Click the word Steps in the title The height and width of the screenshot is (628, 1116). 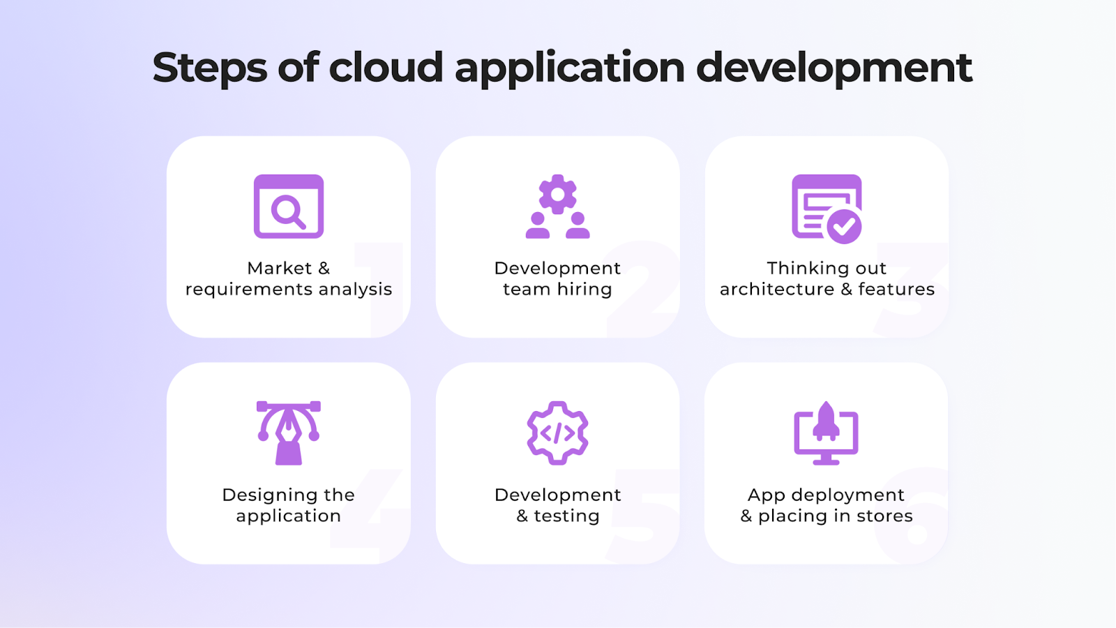click(209, 68)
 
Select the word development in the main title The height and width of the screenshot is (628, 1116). click(834, 68)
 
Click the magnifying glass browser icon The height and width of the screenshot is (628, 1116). click(289, 207)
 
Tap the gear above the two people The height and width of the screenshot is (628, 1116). click(557, 194)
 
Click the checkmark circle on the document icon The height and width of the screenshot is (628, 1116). click(844, 226)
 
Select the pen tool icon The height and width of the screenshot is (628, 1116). click(289, 433)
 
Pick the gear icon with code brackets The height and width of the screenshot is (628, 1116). click(557, 433)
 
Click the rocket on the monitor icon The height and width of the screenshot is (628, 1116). click(826, 421)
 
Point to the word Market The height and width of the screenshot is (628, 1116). click(279, 268)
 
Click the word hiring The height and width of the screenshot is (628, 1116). click(584, 289)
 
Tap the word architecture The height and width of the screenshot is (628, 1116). click(776, 289)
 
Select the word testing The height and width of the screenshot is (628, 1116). click(566, 516)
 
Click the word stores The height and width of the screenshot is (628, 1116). click(884, 516)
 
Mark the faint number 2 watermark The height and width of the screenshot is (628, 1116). click(642, 286)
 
